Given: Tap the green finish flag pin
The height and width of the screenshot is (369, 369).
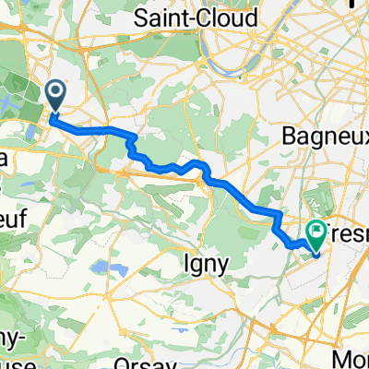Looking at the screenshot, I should tap(316, 233).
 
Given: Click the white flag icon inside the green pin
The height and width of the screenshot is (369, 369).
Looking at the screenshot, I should tap(316, 230).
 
